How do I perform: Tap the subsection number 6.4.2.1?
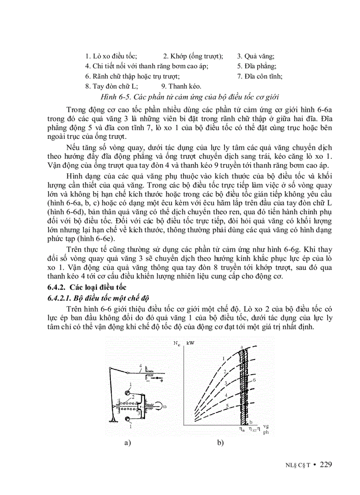60,298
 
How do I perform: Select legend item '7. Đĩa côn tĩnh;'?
260,76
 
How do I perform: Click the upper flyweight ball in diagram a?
127,392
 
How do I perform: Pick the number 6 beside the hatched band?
255,380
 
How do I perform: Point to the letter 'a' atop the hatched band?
243,347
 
